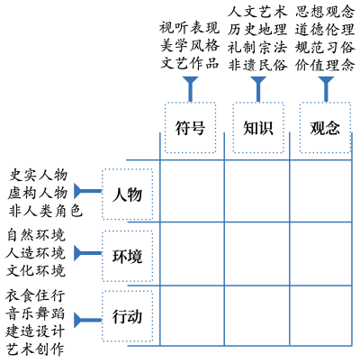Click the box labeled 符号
click(190, 128)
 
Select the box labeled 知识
click(258, 128)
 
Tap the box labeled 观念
click(325, 128)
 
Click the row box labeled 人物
click(128, 195)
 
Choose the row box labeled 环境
click(128, 256)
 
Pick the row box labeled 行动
click(128, 316)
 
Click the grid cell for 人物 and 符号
click(192, 191)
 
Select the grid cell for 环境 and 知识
click(257, 254)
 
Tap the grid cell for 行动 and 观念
click(320, 316)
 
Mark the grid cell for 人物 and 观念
click(320, 191)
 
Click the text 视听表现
click(190, 28)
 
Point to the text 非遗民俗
click(257, 65)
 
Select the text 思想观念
click(325, 12)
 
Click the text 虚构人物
click(38, 193)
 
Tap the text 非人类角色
click(45, 211)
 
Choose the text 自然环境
click(36, 235)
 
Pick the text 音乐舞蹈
click(35, 313)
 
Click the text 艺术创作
click(35, 349)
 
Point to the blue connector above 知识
click(258, 89)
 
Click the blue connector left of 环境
click(88, 253)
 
